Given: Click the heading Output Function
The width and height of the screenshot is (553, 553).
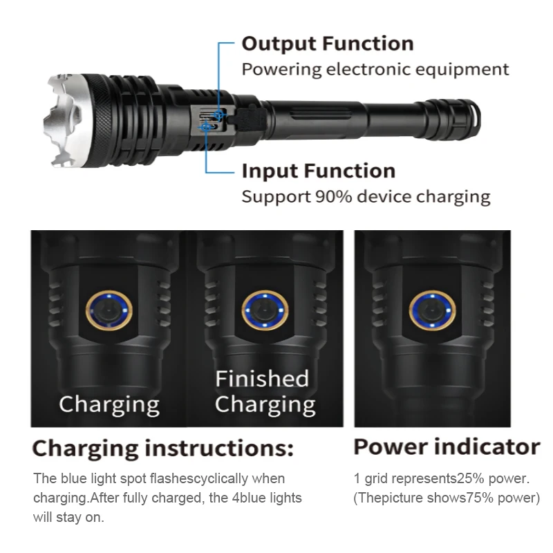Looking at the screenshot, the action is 328,44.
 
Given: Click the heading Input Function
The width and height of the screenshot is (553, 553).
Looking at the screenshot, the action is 319,171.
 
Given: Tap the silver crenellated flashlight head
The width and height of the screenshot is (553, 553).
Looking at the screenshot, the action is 66,120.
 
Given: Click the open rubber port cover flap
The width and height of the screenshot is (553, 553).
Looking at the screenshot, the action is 247,115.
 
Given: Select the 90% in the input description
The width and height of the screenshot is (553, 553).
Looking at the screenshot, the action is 333,197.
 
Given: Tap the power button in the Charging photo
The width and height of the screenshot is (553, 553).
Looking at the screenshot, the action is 109,311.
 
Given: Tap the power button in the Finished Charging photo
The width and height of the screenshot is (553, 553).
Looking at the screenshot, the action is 265,310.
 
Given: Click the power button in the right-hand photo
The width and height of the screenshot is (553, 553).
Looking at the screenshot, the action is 432,310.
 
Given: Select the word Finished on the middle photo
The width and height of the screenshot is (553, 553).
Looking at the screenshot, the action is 262,378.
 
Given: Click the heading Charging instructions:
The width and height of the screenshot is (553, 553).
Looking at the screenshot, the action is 162,448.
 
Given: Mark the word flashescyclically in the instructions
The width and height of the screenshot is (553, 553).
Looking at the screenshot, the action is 199,478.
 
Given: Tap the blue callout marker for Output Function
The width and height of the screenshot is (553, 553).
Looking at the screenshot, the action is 218,115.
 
